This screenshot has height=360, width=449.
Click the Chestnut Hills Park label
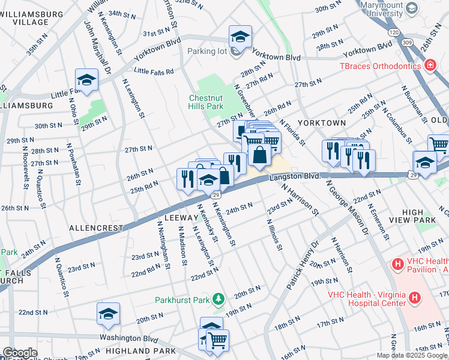206,102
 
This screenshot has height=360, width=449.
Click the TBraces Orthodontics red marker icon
430,65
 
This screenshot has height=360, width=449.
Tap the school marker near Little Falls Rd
86,80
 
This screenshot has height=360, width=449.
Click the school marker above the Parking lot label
240,37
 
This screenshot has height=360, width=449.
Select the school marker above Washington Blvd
109,313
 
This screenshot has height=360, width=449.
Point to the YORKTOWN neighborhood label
325,122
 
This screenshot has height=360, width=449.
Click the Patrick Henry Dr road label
301,266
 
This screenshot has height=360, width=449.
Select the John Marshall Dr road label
98,48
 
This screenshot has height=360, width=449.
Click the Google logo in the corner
20,353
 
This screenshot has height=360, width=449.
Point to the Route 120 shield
393,32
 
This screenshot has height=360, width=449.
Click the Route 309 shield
408,43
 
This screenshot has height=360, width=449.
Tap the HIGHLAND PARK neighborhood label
140,350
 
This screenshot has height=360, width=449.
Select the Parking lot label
206,51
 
